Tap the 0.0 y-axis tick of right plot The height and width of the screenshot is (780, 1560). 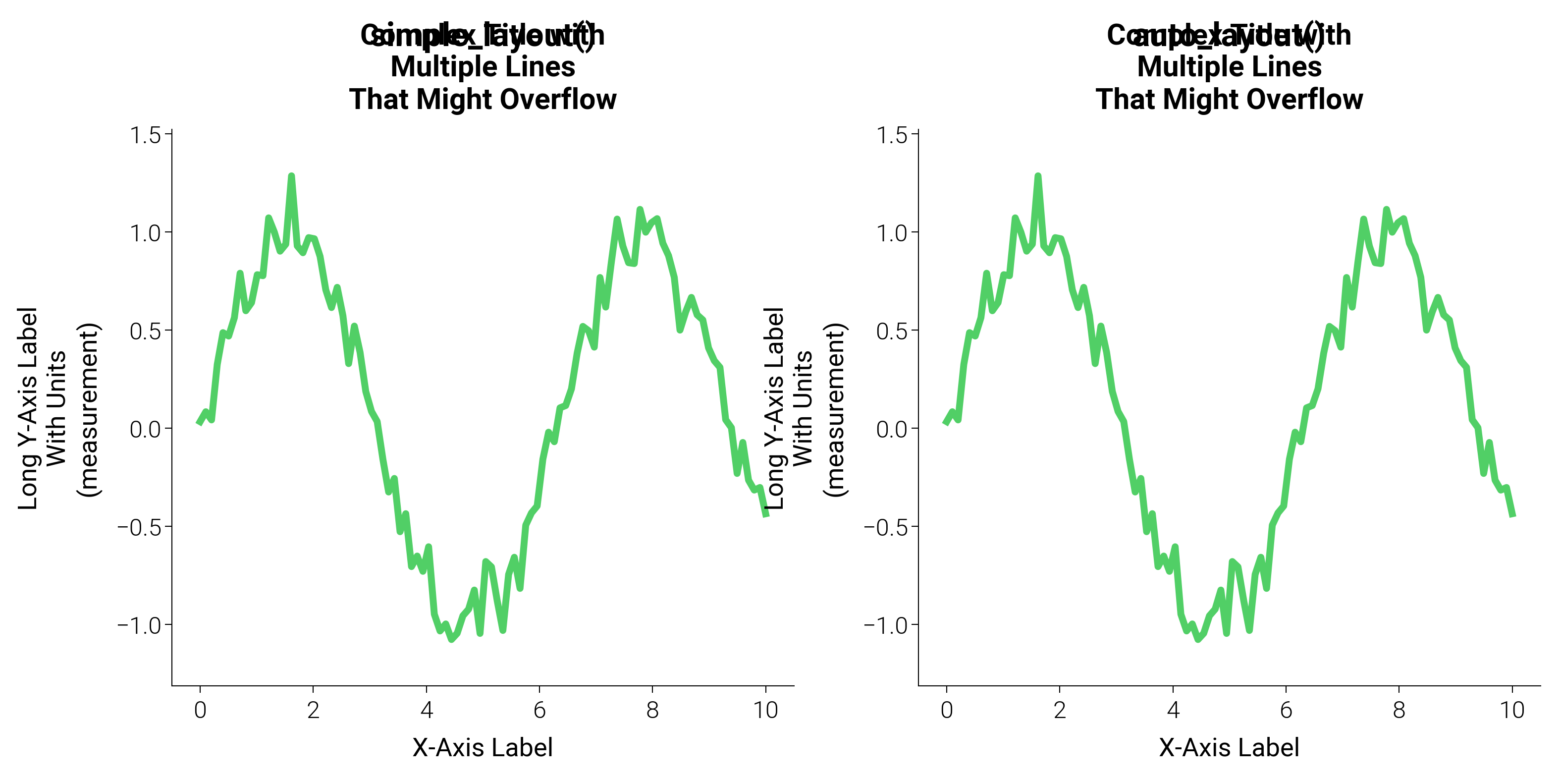(891, 429)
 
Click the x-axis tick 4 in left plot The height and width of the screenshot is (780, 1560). (427, 710)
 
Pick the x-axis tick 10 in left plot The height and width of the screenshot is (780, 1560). (765, 710)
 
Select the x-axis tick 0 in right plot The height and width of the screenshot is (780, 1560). (947, 710)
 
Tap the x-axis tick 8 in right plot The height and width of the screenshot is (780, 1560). (1399, 710)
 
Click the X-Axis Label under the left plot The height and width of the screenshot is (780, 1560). (483, 748)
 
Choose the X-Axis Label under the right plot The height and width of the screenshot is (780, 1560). (1230, 748)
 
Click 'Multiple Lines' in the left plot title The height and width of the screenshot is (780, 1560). (483, 66)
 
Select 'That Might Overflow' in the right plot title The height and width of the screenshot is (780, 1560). (1230, 99)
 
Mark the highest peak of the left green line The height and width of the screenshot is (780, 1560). (291, 176)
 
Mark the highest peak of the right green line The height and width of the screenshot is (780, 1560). (1038, 176)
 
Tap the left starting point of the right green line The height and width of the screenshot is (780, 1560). (945, 423)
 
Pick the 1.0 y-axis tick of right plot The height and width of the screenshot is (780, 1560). (891, 233)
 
